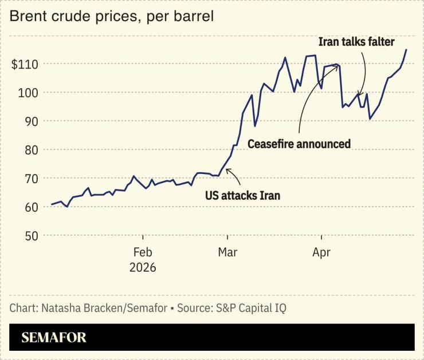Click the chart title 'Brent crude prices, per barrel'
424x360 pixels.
coord(112,16)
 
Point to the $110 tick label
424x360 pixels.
coord(25,64)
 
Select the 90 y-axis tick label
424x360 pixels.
coord(30,121)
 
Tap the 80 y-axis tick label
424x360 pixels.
coord(30,150)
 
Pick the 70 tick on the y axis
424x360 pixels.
coord(30,179)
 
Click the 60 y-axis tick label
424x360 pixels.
coord(30,207)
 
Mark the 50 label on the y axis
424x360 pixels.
coord(30,236)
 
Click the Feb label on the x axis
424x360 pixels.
coord(142,252)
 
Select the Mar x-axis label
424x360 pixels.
coord(227,252)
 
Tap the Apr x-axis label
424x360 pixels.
coord(322,252)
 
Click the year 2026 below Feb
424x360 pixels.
coord(142,267)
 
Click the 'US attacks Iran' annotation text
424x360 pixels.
coord(242,195)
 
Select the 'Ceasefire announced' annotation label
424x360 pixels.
coord(299,144)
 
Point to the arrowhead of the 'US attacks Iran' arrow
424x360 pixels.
coord(227,170)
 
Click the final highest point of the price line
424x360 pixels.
coord(406,50)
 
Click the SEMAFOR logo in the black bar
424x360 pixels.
coord(54,338)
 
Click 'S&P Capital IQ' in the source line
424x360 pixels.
coord(252,308)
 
